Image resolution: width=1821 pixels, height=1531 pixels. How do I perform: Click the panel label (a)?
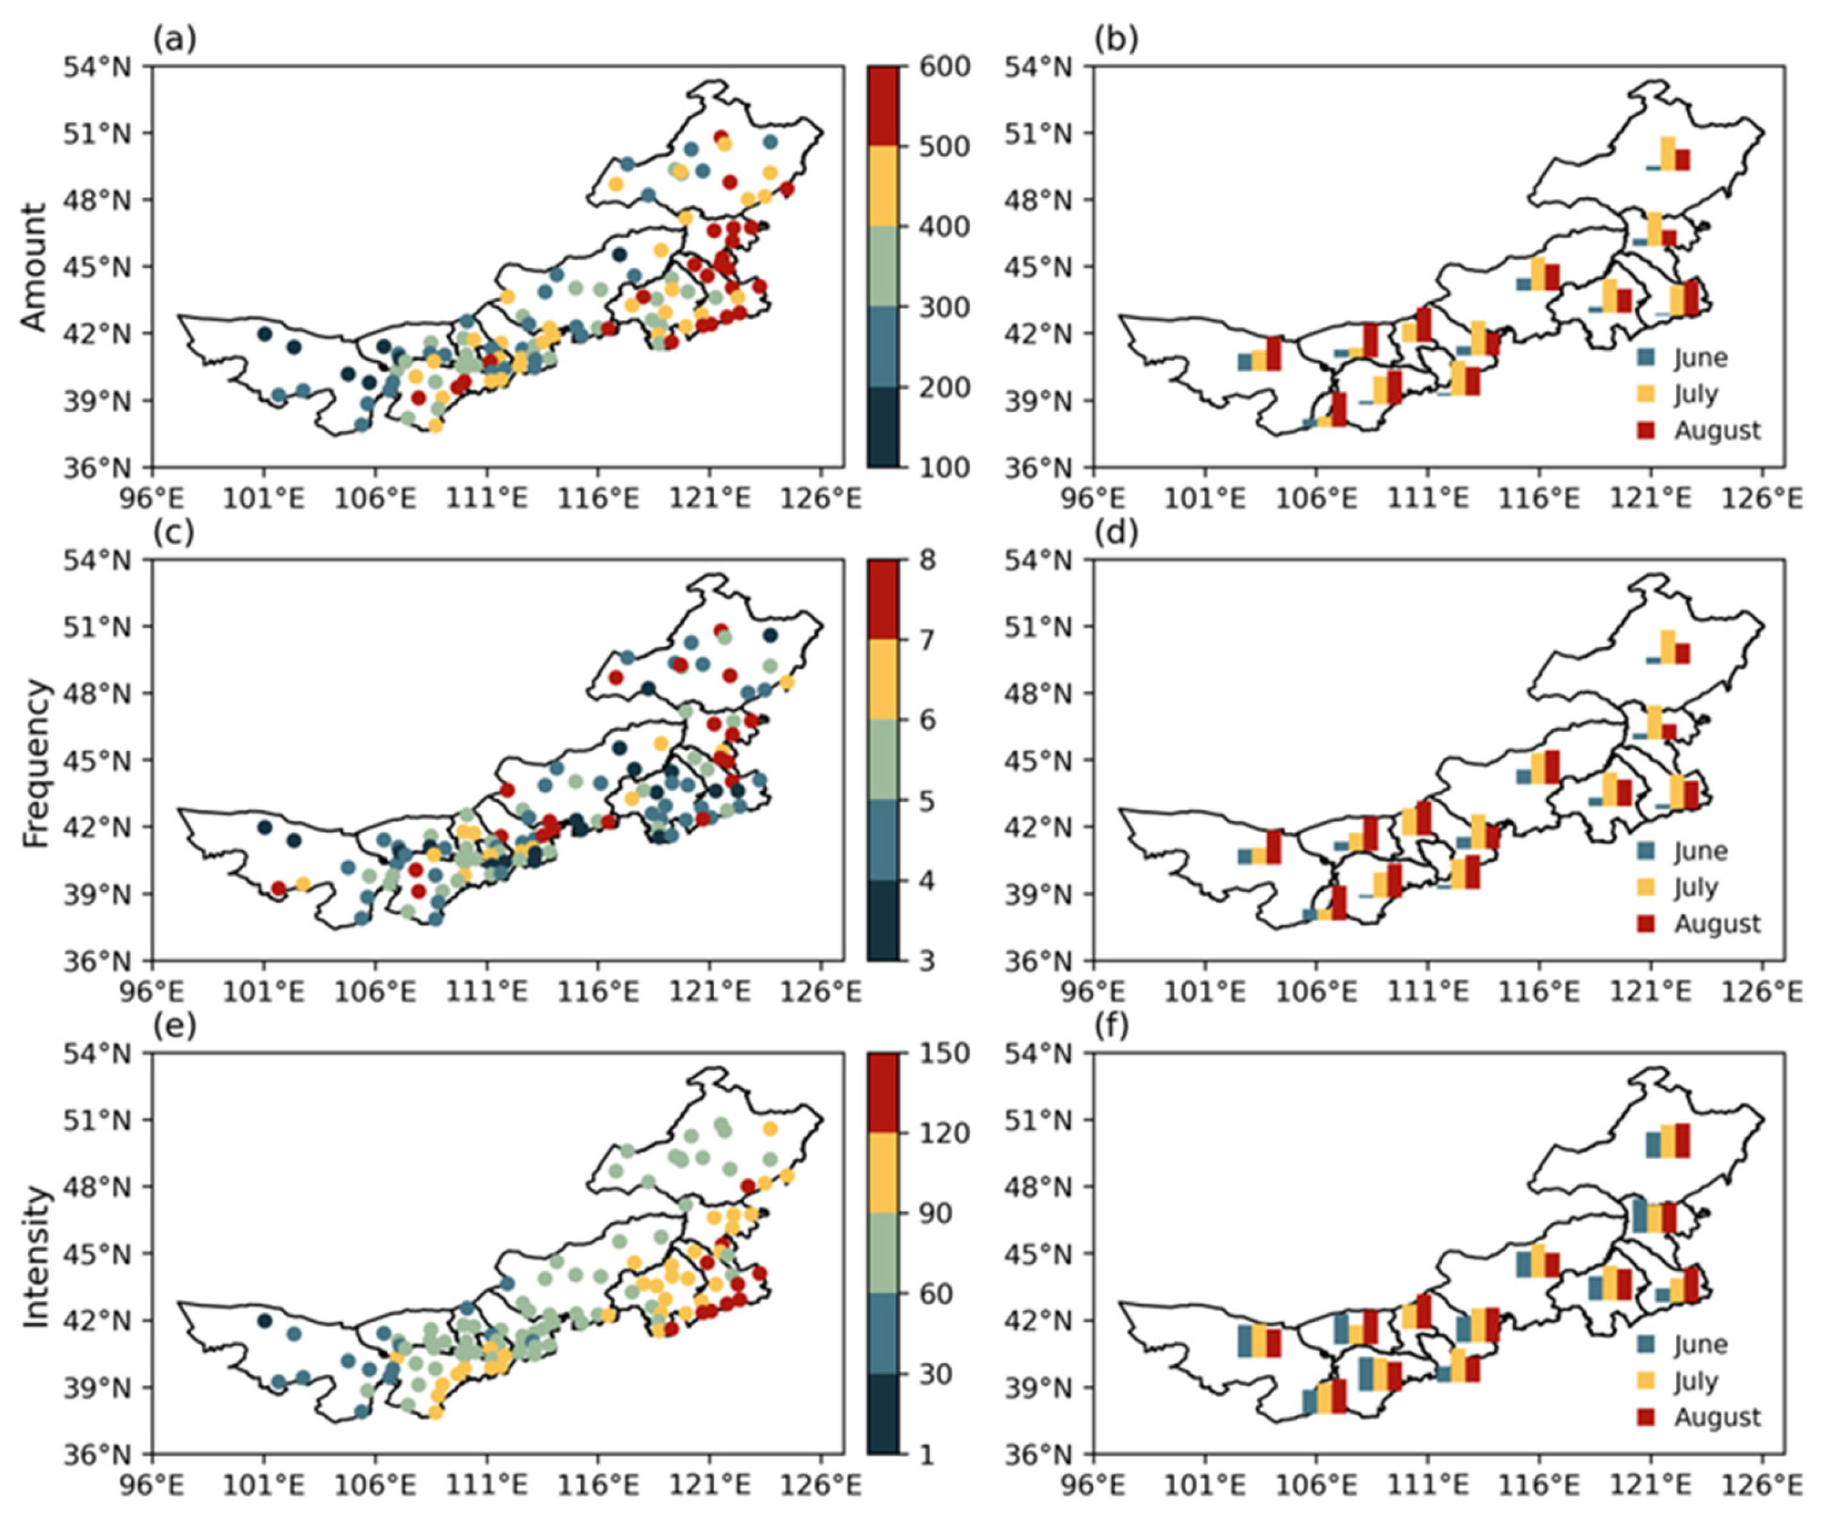pos(174,39)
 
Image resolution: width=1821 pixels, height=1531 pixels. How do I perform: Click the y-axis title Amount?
pos(33,267)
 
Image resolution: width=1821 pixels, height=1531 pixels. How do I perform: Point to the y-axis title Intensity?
pos(33,1254)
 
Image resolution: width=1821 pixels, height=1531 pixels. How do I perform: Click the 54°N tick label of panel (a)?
pos(98,67)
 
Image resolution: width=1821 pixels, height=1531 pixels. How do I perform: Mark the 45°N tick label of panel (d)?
pos(1038,760)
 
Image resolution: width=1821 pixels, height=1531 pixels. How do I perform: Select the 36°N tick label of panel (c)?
pos(98,961)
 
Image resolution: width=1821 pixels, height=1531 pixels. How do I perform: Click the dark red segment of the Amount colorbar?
pos(883,106)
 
